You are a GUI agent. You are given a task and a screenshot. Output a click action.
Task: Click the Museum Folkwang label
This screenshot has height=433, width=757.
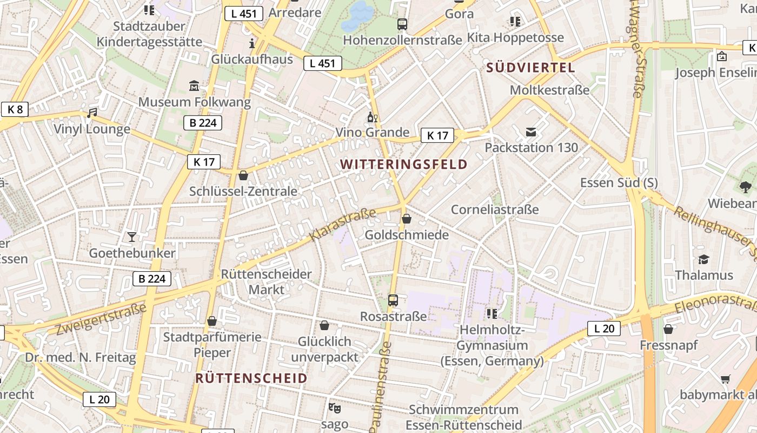click(x=195, y=102)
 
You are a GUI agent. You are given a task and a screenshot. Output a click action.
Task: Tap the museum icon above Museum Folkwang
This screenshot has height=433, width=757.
click(x=194, y=86)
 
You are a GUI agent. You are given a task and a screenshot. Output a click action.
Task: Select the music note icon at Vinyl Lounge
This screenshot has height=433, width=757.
click(x=92, y=113)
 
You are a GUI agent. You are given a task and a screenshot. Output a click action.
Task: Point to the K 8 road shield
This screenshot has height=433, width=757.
click(x=15, y=109)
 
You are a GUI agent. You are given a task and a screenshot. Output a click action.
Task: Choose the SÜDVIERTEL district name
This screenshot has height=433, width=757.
click(x=530, y=68)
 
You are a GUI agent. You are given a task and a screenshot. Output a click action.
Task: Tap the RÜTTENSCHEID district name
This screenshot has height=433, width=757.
click(x=251, y=378)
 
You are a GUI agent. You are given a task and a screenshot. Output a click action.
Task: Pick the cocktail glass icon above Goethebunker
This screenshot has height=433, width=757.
click(x=132, y=237)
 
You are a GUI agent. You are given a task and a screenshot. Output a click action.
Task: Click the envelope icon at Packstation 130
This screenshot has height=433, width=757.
click(x=531, y=132)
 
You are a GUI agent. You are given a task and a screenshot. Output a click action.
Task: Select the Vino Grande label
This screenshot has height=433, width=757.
click(x=373, y=133)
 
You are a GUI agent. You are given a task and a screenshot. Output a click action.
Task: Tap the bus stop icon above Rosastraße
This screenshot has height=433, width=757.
click(x=393, y=300)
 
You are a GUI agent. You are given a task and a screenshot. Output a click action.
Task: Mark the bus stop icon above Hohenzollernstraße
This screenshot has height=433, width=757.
click(x=402, y=24)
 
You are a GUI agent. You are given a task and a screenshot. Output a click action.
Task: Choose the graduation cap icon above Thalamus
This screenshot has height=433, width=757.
click(x=703, y=259)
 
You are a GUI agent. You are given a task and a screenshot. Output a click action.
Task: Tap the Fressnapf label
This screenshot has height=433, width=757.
click(x=669, y=345)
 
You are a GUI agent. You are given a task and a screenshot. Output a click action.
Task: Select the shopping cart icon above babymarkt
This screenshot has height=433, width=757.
click(x=725, y=379)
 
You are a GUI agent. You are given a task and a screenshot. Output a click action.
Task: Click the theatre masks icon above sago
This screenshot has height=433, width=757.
click(x=334, y=408)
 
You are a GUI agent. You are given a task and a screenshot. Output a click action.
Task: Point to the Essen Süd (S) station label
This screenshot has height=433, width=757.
click(x=619, y=182)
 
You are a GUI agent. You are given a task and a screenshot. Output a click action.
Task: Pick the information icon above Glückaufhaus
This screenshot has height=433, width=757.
click(x=252, y=43)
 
